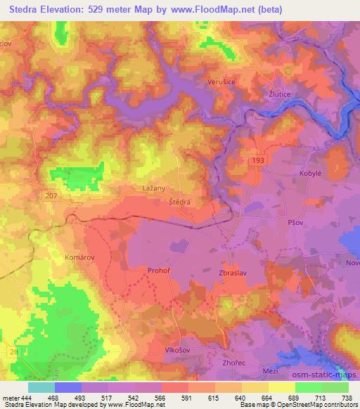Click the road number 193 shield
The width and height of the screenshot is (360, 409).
[x=259, y=161]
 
